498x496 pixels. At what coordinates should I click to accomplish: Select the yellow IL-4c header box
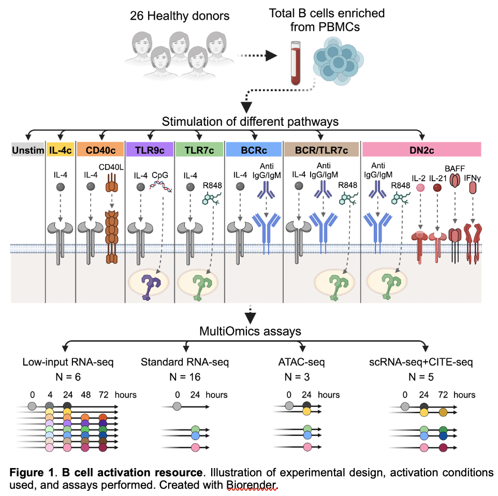point(61,150)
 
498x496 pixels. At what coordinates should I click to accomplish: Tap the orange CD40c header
point(100,150)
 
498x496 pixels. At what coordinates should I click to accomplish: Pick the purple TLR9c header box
point(150,150)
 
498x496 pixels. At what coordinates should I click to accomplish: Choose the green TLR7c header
point(199,150)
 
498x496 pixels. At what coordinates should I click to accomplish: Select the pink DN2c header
point(422,150)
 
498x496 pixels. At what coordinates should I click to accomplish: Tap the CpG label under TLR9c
point(160,176)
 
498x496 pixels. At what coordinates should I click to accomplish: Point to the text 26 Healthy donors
point(179,16)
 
